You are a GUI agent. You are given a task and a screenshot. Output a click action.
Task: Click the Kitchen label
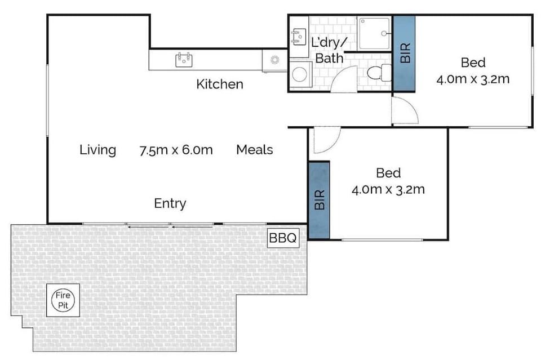coord(220,85)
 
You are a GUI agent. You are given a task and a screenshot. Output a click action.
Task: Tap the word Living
coord(97,150)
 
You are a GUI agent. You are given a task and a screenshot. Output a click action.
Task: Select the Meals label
coord(254,150)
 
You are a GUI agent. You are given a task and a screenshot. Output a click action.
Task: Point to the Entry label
coord(170,203)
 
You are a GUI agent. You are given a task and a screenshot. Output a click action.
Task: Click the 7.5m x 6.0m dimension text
coord(176,150)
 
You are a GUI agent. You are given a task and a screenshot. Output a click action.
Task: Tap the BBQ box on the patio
coord(282,238)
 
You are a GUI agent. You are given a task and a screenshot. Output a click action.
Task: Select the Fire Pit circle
coord(63,300)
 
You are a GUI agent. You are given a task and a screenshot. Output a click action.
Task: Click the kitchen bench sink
coord(184,59)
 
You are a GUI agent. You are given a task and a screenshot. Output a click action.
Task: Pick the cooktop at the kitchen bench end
coord(275,60)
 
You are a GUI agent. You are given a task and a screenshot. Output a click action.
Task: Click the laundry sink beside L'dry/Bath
coord(298,37)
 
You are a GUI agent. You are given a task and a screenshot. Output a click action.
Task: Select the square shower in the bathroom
coord(374,33)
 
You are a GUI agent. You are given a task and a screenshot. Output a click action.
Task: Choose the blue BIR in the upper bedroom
coord(404,52)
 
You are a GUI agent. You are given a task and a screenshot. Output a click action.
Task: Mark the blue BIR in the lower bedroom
coord(319,199)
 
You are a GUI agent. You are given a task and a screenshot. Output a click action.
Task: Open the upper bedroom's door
coord(405,110)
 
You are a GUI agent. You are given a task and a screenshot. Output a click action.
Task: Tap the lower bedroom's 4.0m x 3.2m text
coord(388,190)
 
